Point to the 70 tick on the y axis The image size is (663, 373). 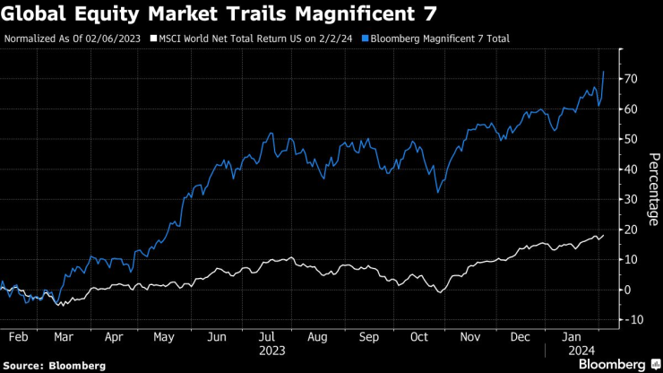(632, 79)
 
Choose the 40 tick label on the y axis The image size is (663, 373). (632, 169)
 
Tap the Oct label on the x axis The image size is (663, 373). (419, 337)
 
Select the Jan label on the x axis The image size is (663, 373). (569, 337)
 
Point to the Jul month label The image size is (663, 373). (266, 337)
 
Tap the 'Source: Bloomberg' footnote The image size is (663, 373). (54, 366)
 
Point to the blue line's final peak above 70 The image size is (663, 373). (603, 72)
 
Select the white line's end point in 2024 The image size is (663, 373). (603, 235)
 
